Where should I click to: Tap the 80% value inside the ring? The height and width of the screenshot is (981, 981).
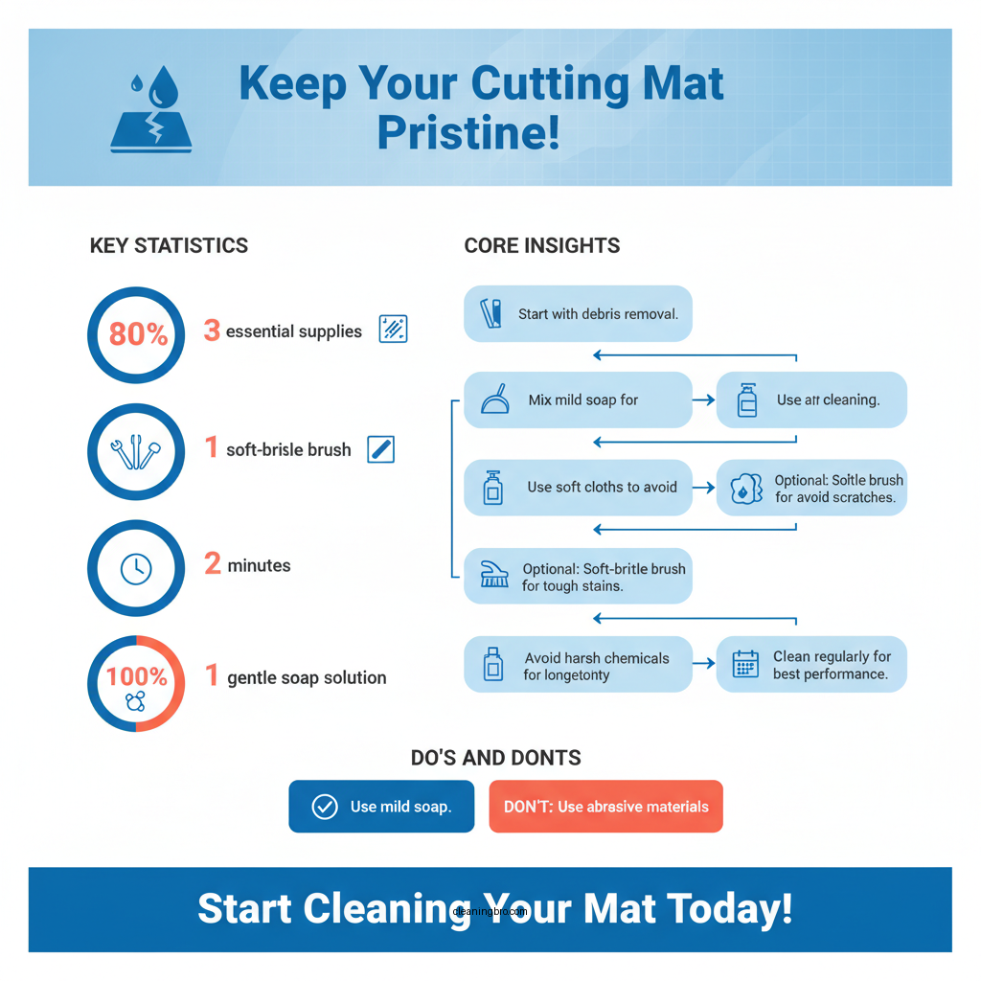click(138, 334)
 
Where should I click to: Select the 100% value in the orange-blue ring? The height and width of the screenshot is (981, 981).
click(136, 676)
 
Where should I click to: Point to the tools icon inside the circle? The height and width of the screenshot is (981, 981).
click(136, 450)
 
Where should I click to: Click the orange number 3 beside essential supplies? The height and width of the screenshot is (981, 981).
click(212, 331)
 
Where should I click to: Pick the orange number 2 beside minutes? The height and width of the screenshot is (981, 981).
click(212, 564)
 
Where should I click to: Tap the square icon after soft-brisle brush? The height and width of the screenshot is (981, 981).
click(381, 448)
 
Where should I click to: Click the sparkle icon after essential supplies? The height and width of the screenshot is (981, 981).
click(394, 329)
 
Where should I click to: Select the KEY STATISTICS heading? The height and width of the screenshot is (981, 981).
click(169, 245)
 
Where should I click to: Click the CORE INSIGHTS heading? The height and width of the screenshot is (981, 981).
click(541, 245)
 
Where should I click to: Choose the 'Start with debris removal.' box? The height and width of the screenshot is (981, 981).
click(578, 313)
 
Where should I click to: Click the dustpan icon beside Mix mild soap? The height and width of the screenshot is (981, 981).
click(493, 399)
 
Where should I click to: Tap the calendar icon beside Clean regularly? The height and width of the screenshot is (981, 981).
click(744, 664)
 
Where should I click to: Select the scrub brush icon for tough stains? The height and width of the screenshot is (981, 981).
click(493, 575)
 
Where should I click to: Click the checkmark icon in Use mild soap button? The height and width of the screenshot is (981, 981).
click(325, 807)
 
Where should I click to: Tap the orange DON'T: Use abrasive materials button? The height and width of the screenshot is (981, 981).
click(605, 807)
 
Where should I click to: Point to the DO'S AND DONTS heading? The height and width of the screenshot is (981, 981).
click(495, 758)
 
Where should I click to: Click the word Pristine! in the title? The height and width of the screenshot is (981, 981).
click(468, 132)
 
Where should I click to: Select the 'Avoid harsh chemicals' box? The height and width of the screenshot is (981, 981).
click(578, 664)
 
